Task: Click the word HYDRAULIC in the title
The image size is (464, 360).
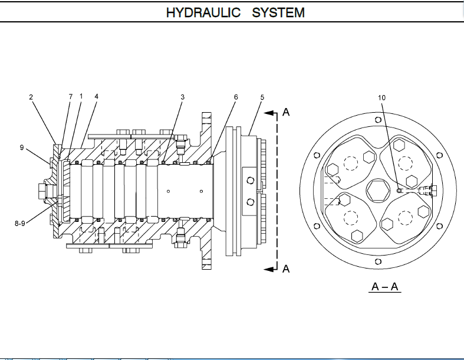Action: pos(203,12)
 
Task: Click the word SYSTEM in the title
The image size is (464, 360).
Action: pos(278,12)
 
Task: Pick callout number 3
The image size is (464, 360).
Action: pos(183,97)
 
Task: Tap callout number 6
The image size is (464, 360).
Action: pos(236,97)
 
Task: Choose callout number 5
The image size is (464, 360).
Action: pos(262,97)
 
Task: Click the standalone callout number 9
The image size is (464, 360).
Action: pos(21,148)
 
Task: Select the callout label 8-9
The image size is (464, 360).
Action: pos(21,224)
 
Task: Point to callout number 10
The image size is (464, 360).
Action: pos(381,98)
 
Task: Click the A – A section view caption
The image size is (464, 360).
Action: pos(386,287)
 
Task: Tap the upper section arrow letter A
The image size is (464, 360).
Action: pos(287,111)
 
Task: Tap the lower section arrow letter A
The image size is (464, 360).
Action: pos(287,269)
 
